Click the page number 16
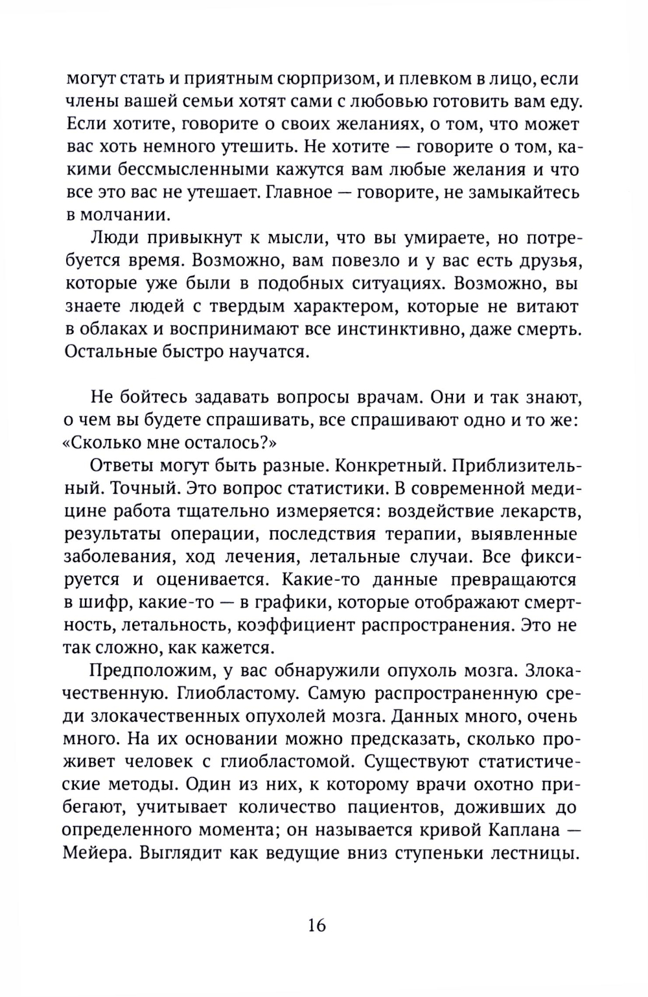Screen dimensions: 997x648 (317, 924)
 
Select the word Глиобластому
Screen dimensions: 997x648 (235, 694)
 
